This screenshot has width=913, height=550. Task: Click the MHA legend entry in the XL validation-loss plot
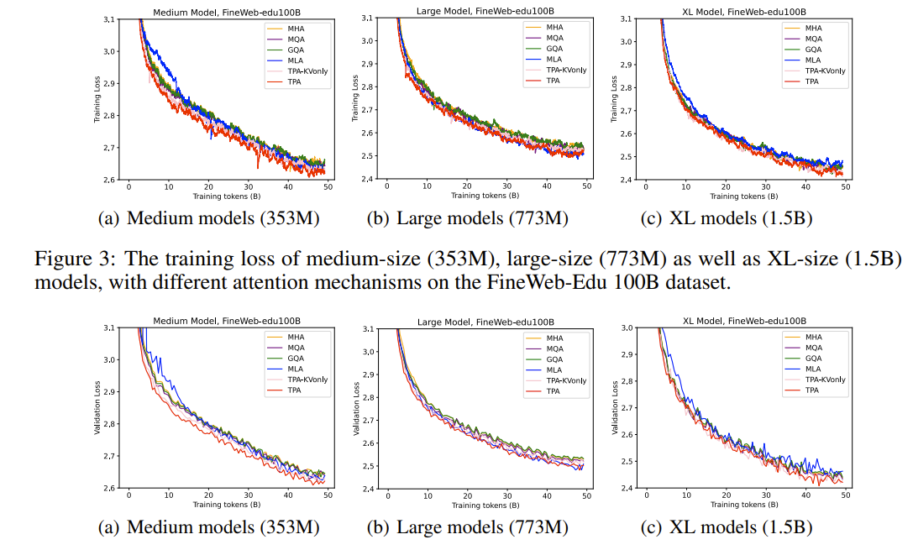click(813, 337)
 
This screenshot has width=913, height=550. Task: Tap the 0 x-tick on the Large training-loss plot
click(388, 186)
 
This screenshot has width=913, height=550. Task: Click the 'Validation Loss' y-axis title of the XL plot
click(616, 408)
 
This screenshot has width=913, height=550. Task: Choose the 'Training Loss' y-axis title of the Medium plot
click(97, 99)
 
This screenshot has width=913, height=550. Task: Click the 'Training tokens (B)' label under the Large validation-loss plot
click(486, 505)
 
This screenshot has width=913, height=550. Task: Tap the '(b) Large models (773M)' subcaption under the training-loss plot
click(467, 220)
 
